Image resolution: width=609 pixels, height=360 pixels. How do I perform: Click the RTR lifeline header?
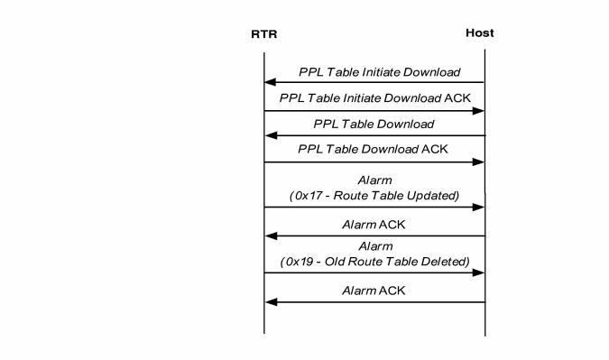click(263, 35)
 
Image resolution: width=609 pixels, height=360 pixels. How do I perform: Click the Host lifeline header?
click(479, 33)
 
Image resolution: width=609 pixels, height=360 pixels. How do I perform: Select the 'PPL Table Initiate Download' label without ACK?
click(379, 72)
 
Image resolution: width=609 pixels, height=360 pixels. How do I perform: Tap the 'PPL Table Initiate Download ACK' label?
click(374, 97)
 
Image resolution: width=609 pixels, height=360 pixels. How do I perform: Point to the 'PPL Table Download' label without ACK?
click(374, 124)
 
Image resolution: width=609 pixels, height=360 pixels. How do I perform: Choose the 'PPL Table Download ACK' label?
click(373, 149)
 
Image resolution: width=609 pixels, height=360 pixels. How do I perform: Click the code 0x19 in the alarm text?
click(299, 262)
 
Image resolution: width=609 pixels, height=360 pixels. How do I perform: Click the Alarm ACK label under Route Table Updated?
click(374, 224)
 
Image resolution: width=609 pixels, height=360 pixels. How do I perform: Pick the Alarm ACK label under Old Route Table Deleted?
click(374, 291)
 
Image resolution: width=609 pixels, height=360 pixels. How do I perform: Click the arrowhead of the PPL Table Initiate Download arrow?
click(270, 83)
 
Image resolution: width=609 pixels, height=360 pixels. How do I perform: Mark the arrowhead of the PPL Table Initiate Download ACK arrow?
click(479, 111)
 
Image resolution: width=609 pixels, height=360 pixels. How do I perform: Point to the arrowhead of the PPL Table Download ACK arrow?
click(479, 162)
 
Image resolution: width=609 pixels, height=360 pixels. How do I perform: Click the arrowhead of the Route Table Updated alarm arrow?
click(479, 208)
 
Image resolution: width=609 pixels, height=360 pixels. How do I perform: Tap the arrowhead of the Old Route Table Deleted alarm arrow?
click(479, 273)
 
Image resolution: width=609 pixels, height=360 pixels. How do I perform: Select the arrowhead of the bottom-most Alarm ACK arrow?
click(270, 302)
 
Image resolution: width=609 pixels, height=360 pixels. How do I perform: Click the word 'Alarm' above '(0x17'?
click(374, 180)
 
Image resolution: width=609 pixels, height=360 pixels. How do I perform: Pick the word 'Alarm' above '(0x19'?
click(374, 246)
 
